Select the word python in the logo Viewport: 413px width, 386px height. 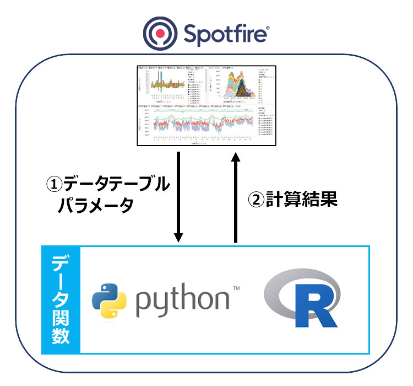tap(182, 301)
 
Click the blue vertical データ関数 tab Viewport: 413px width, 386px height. tap(61, 299)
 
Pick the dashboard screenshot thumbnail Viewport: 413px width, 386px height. tap(207, 105)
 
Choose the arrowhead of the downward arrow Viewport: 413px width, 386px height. tap(178, 236)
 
